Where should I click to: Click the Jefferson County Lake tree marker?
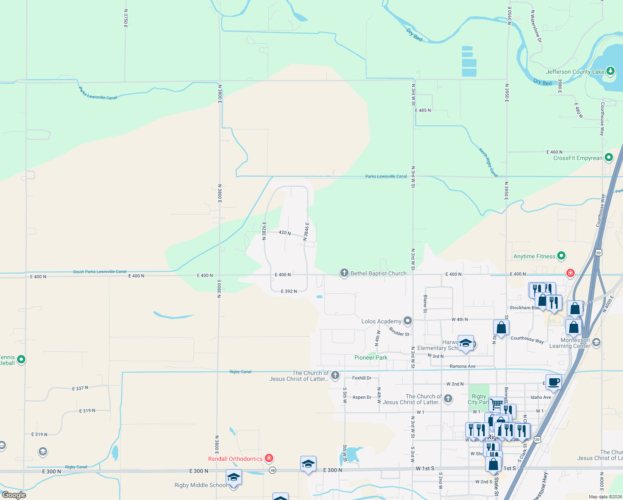[610, 71]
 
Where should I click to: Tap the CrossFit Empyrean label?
[578, 158]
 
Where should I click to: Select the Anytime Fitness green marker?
[561, 256]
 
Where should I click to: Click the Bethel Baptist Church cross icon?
[344, 273]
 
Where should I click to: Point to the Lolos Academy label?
[381, 321]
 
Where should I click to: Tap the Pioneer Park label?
[371, 357]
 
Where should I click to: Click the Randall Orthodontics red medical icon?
[269, 458]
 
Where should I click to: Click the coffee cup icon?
[553, 382]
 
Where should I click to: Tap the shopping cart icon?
[496, 404]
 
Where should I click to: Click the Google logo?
[14, 495]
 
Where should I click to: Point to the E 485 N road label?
[423, 110]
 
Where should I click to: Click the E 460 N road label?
[554, 152]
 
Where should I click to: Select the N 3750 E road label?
[126, 19]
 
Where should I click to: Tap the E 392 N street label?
[289, 291]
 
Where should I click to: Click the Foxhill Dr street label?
[361, 378]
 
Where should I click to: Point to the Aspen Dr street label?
[361, 397]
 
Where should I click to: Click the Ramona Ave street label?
[462, 366]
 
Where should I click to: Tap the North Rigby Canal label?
[488, 162]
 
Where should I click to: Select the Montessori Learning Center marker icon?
[596, 342]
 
